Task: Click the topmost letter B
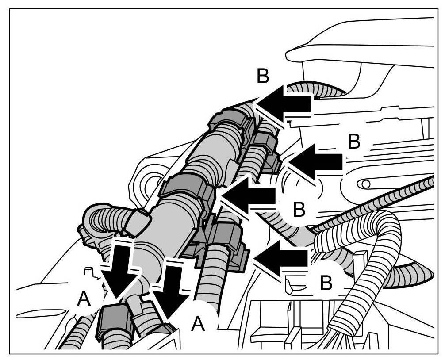[263, 77]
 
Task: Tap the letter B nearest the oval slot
[354, 142]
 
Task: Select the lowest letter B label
[326, 283]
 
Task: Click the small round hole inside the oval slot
[365, 183]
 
